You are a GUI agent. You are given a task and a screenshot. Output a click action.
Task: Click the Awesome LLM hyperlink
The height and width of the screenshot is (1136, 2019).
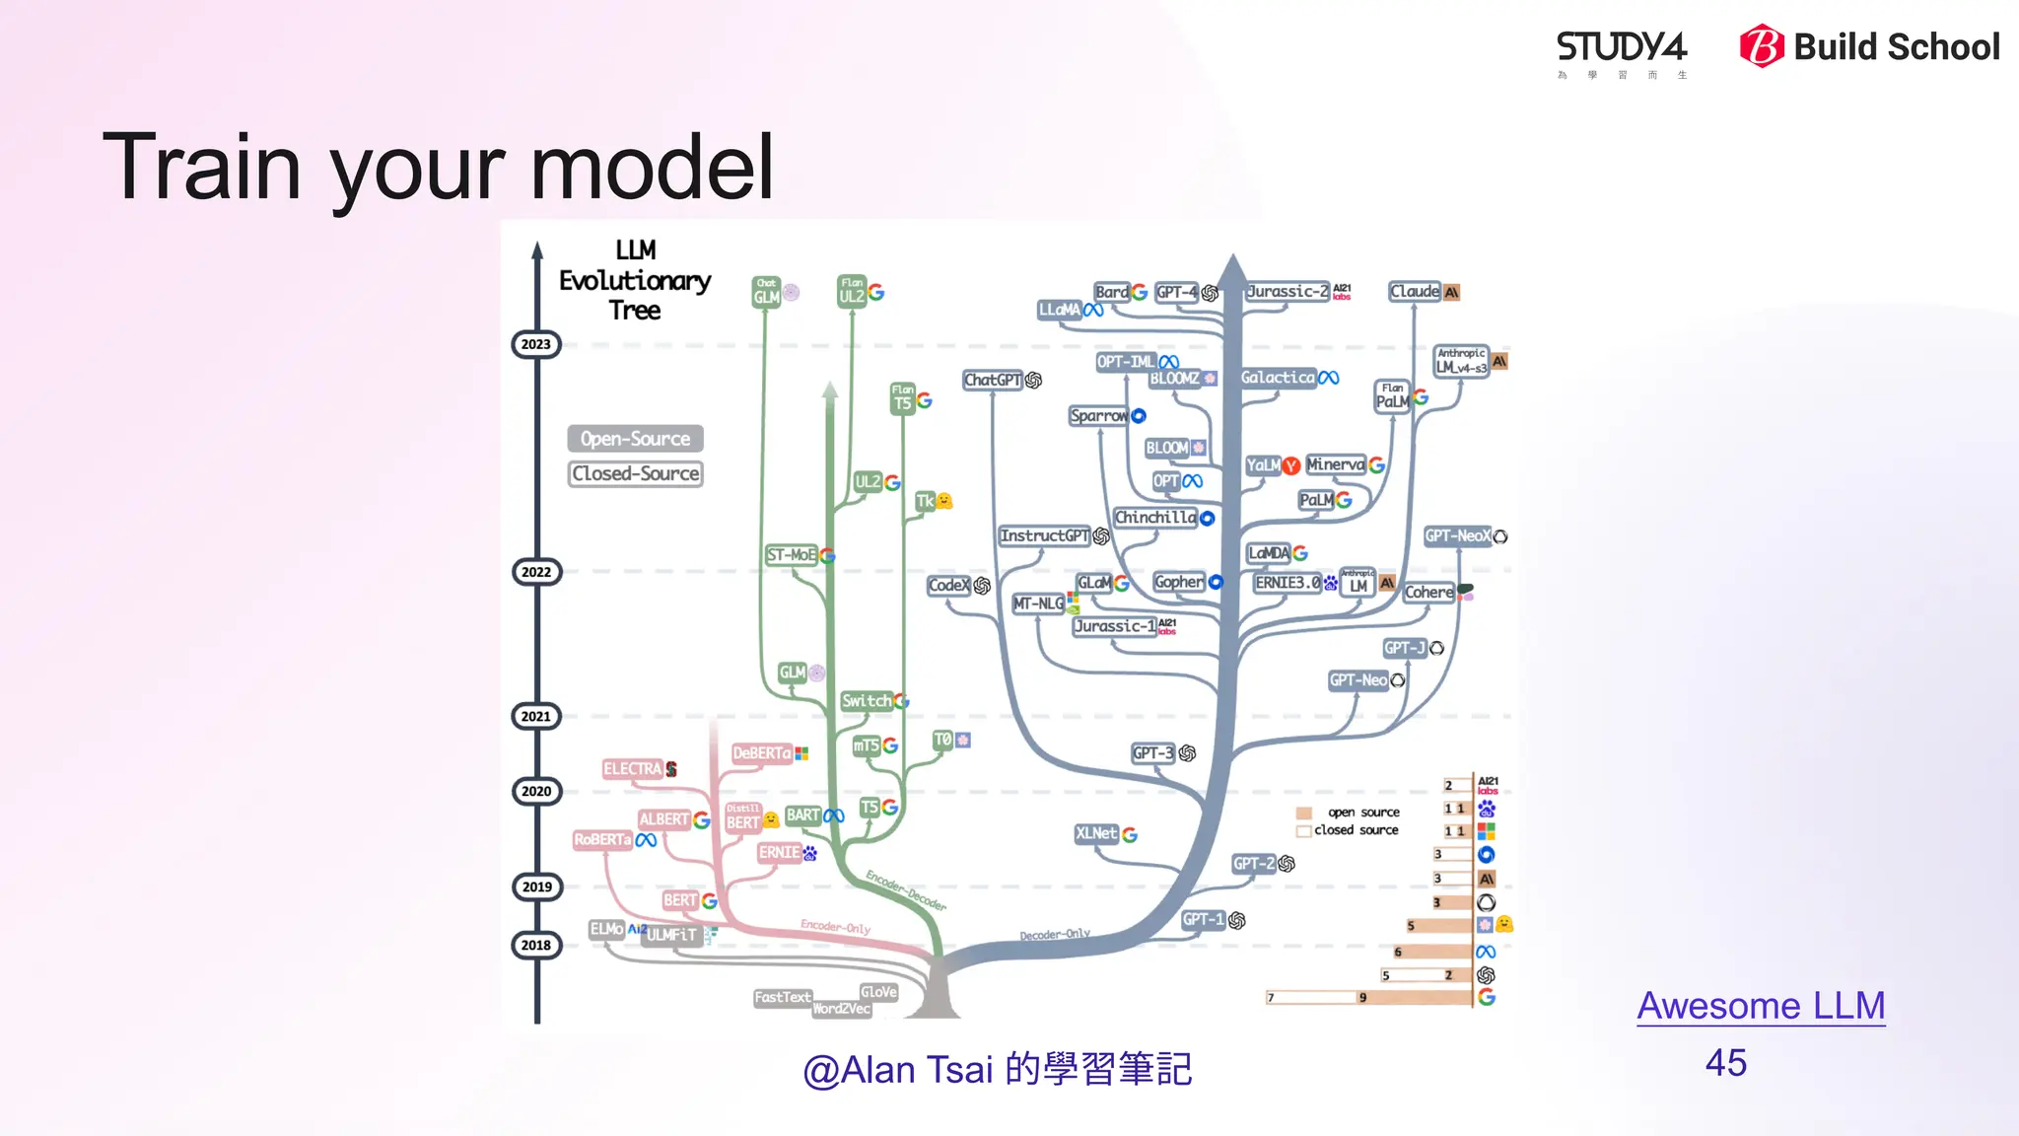pos(1761,1006)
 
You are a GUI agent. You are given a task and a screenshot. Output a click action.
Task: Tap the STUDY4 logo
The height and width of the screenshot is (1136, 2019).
pos(1622,49)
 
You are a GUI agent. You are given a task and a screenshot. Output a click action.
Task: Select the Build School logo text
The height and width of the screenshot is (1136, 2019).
pos(1896,47)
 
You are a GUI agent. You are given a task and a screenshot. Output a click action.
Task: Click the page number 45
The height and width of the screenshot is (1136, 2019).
pos(1725,1063)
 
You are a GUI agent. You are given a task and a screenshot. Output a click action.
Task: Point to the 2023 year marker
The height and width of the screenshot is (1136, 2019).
pos(536,344)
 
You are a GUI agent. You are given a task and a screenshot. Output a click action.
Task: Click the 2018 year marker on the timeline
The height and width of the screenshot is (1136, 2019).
pos(536,945)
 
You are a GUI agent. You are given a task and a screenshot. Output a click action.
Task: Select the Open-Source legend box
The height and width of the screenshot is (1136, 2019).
pos(635,439)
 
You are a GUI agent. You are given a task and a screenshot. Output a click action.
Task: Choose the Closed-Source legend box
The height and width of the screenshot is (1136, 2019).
pos(635,473)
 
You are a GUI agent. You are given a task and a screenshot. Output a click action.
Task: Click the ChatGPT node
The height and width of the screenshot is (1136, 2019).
pos(993,380)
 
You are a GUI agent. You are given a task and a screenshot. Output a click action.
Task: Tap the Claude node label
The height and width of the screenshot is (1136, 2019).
pos(1415,292)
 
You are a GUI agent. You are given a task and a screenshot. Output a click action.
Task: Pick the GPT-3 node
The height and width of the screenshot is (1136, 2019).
pos(1153,753)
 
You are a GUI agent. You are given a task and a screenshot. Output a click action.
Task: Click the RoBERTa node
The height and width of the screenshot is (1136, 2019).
pos(602,840)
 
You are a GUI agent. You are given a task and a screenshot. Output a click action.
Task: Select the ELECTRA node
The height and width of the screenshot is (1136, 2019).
pos(632,769)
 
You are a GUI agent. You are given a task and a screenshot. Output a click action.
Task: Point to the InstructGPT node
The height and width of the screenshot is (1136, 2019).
pos(1044,535)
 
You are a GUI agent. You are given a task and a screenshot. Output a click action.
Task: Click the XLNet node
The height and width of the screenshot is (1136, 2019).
pos(1096,834)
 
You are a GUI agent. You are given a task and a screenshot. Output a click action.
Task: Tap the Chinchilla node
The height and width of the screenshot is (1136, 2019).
pos(1154,518)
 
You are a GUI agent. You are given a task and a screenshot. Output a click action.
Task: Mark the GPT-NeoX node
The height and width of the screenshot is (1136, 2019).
pos(1457,536)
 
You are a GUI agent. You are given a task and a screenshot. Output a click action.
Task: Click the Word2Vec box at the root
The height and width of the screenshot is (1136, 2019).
pos(841,1009)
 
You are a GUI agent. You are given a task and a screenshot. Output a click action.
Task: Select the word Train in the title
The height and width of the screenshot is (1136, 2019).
pos(202,168)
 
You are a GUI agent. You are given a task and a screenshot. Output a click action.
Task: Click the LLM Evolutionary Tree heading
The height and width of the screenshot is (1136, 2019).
pos(635,280)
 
